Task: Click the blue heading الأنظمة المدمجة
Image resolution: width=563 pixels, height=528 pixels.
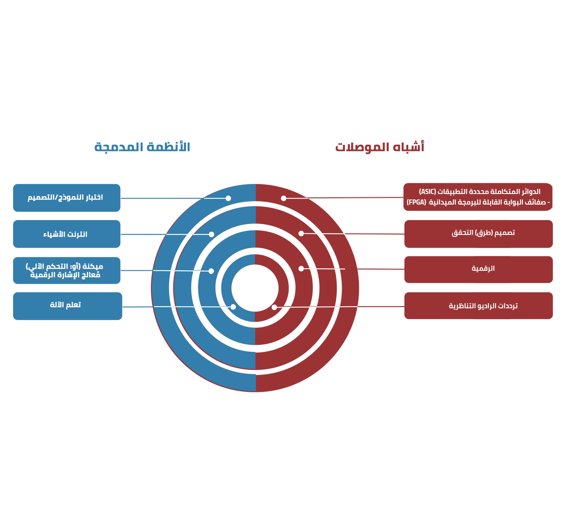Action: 142,147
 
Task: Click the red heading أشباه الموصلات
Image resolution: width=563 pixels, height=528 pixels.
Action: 380,147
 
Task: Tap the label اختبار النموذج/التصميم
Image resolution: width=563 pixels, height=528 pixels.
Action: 65,197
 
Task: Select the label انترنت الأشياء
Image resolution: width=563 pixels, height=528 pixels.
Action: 65,234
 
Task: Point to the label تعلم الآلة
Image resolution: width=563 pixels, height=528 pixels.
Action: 65,305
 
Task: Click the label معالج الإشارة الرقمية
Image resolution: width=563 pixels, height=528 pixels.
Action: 65,275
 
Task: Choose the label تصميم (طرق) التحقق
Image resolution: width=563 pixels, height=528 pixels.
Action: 483,233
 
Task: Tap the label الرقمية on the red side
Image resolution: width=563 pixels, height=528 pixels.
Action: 483,269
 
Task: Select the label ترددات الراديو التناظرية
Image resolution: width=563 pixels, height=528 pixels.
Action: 483,306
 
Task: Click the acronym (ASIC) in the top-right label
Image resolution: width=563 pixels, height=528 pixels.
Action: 428,192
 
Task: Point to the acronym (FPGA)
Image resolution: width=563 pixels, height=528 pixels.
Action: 416,202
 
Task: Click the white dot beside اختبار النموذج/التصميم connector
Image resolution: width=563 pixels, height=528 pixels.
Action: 228,198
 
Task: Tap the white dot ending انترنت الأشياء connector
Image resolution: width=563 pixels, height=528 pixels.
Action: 211,234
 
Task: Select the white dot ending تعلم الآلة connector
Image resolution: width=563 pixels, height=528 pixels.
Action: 233,307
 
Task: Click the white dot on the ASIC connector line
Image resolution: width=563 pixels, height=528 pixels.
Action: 284,198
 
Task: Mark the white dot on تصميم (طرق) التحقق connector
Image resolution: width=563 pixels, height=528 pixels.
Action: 301,233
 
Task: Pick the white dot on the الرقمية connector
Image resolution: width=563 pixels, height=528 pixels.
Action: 301,269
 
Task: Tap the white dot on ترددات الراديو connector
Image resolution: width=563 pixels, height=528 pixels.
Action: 275,307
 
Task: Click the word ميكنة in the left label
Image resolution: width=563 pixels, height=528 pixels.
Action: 93,267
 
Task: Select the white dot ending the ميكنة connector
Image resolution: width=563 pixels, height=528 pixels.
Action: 211,271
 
